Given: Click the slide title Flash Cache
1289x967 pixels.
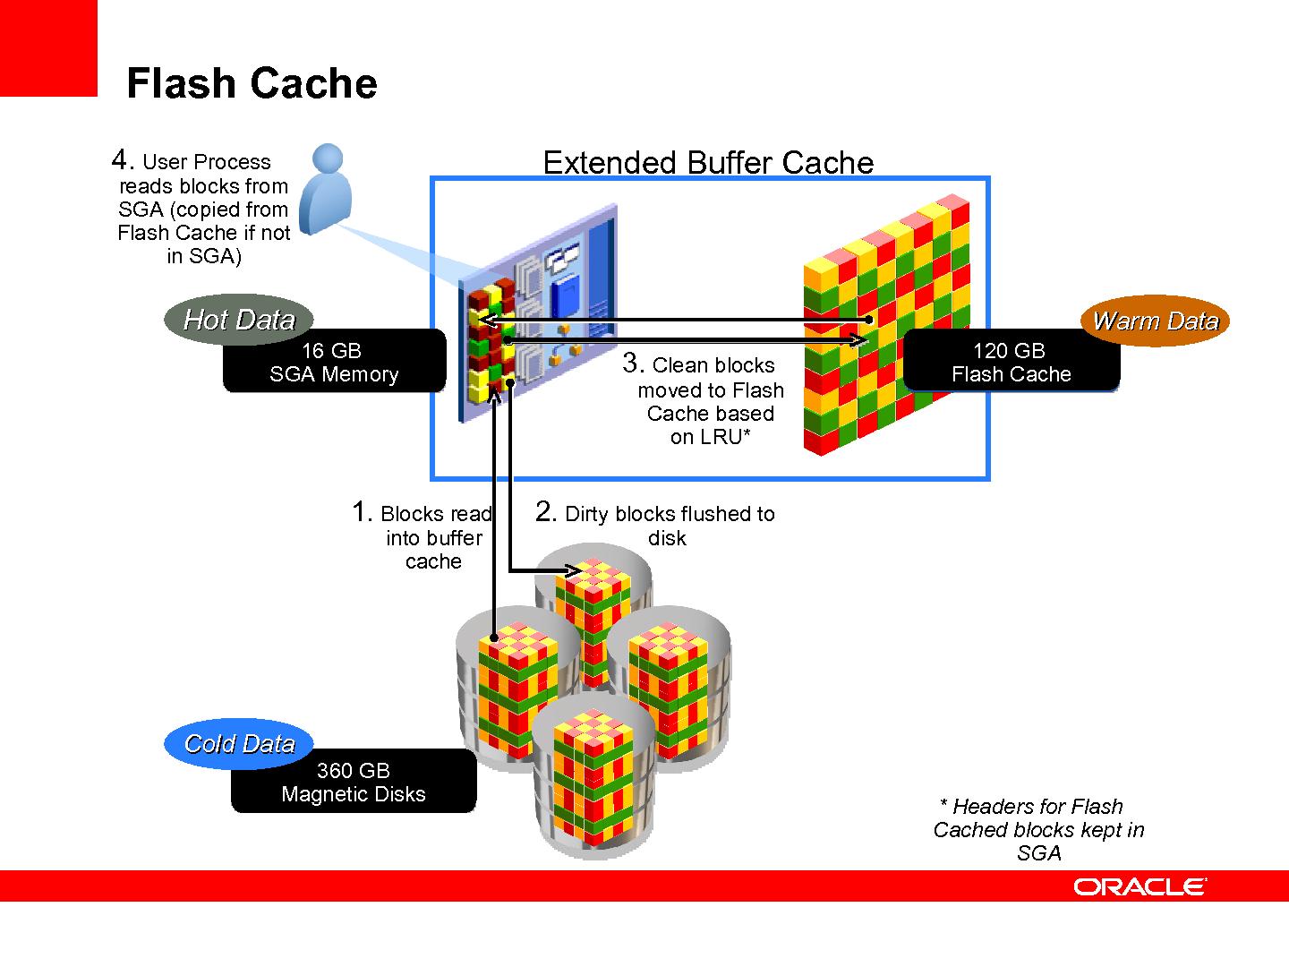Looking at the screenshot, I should click(252, 83).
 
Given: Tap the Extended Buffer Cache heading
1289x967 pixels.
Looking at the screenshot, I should click(708, 162).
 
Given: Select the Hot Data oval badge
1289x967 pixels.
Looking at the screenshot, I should click(239, 320).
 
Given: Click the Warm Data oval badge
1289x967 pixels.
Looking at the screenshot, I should click(1155, 321).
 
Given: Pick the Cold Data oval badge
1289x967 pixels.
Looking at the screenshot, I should click(239, 743).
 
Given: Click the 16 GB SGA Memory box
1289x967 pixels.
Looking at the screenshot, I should click(334, 362).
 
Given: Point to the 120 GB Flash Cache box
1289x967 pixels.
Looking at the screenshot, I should click(1012, 362).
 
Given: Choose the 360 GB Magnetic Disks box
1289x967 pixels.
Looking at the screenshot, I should click(354, 782).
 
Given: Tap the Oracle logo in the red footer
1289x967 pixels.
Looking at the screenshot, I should click(1140, 886).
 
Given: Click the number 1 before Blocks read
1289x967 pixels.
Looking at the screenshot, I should click(361, 512).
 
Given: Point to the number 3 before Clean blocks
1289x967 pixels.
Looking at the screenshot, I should click(632, 364).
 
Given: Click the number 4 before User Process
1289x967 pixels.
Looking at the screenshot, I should click(121, 160).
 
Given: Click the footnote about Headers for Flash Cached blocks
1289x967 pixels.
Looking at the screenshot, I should click(1038, 829).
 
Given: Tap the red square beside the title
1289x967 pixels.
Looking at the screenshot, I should click(48, 47).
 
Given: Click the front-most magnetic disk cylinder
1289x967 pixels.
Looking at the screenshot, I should click(595, 779).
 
